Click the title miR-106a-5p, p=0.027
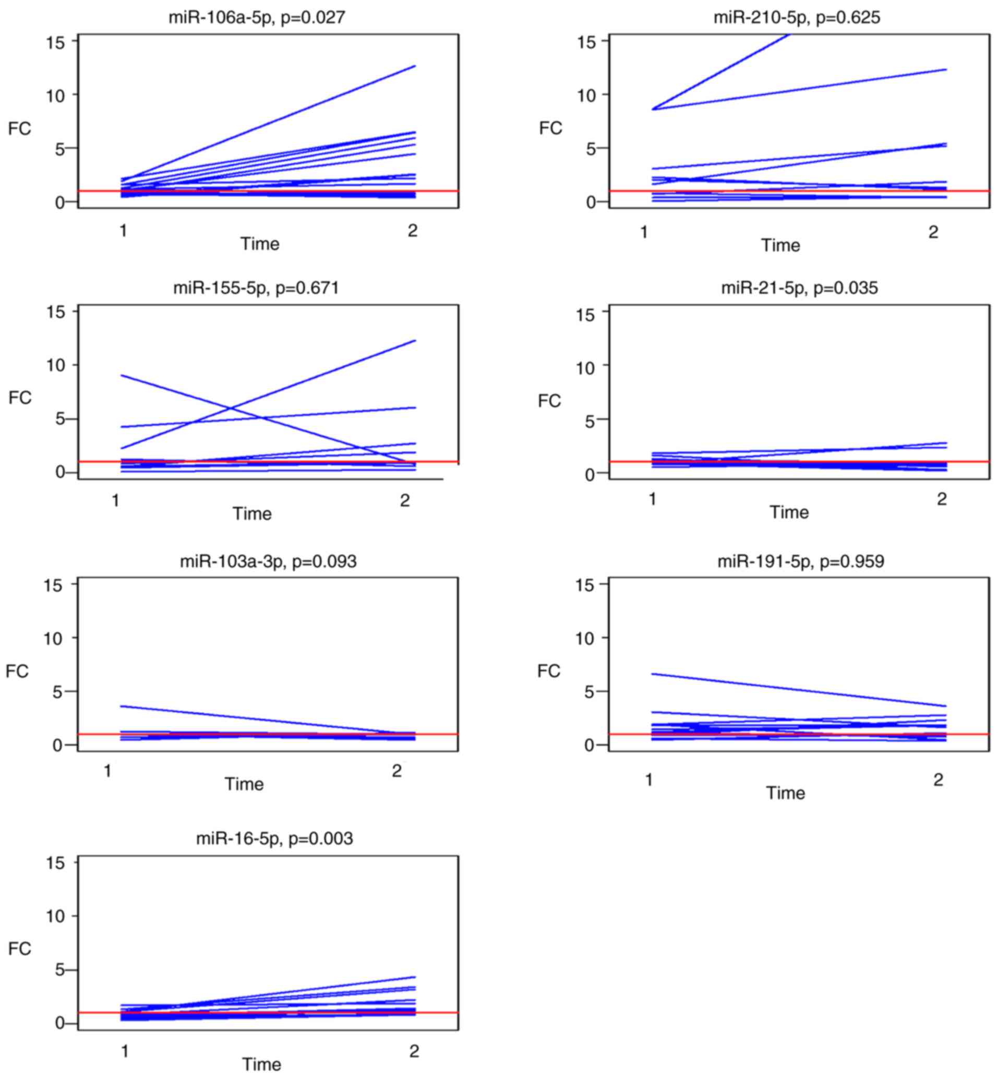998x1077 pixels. [257, 18]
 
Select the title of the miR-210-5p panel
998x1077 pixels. [797, 18]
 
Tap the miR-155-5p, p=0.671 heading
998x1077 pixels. [256, 288]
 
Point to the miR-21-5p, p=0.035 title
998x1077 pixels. [799, 288]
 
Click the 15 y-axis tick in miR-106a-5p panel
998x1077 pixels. [55, 42]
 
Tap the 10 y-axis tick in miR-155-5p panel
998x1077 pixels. [55, 365]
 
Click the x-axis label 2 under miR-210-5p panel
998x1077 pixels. [933, 232]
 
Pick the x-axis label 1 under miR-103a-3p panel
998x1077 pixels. [107, 771]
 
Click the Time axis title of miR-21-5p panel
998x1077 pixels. [789, 512]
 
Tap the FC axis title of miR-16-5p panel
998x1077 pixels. [19, 949]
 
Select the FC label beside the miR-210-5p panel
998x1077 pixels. [550, 128]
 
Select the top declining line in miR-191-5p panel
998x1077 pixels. [799, 690]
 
